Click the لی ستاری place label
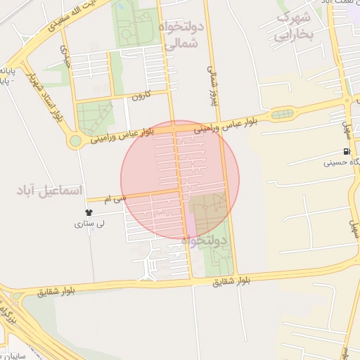tap(90, 224)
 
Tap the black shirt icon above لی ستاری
tap(89, 212)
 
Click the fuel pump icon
tap(346, 151)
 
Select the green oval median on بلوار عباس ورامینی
tap(282, 114)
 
